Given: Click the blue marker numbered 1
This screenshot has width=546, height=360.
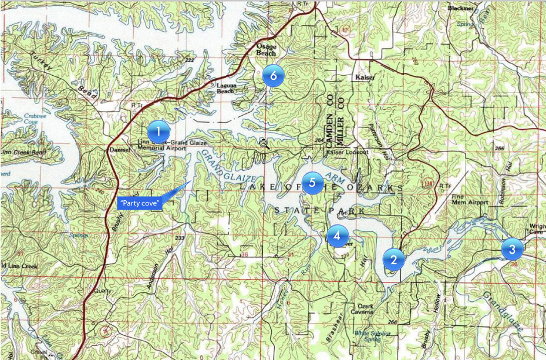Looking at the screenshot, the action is click(159, 130).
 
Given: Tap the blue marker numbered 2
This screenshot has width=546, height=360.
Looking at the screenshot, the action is click(394, 259).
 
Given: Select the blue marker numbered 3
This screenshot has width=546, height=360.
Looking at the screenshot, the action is click(512, 249).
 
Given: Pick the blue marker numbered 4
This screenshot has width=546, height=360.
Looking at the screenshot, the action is click(337, 235).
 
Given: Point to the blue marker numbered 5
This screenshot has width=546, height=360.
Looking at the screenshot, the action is click(312, 183).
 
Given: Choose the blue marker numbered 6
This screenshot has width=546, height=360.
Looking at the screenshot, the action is click(273, 75).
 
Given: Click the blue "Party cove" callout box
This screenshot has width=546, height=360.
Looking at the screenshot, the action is click(139, 203).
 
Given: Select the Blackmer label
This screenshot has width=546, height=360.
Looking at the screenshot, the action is click(460, 9).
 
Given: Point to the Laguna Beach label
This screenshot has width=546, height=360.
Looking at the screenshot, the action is click(225, 88).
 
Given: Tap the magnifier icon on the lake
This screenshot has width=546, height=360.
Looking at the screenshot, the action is click(264, 143).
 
